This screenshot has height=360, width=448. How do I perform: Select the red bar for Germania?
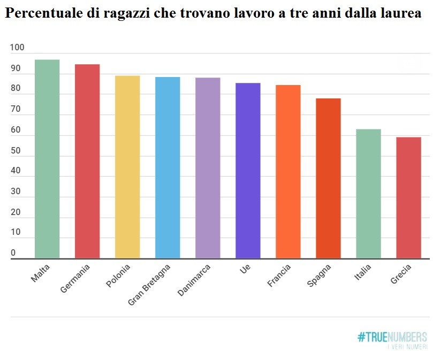coord(87,161)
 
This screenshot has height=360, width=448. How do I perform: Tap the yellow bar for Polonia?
coord(127,167)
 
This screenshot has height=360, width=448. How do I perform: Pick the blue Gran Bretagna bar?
coord(168,167)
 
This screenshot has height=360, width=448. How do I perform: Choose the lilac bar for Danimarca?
coord(208,168)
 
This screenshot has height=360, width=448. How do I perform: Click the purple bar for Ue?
coord(248,171)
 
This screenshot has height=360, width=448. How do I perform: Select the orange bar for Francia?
coord(288,172)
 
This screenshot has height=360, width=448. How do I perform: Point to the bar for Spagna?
coord(328,178)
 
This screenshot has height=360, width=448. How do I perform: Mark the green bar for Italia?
coord(368,194)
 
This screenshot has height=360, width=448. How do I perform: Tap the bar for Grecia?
coord(408,198)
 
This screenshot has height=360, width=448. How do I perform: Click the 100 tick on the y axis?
coord(17,48)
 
